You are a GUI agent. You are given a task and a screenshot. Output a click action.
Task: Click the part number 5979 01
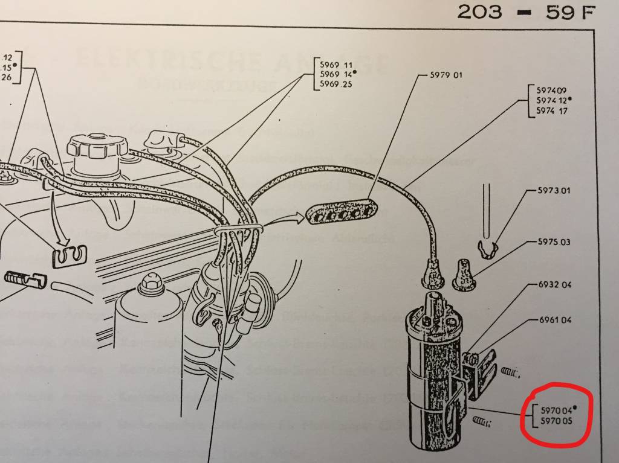[x=446, y=75]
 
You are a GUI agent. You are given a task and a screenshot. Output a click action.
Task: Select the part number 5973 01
[x=554, y=191]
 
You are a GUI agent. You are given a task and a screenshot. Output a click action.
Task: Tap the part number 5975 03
[x=554, y=242]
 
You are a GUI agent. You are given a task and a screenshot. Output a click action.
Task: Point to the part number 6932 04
[x=554, y=284]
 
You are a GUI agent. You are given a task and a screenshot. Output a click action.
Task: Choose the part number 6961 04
[x=554, y=320]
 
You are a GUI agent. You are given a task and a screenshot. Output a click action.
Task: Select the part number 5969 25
[x=335, y=84]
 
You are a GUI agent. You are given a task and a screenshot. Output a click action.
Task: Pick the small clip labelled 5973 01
[x=487, y=247]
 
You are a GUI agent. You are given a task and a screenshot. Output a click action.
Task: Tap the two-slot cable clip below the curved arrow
[x=68, y=257]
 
